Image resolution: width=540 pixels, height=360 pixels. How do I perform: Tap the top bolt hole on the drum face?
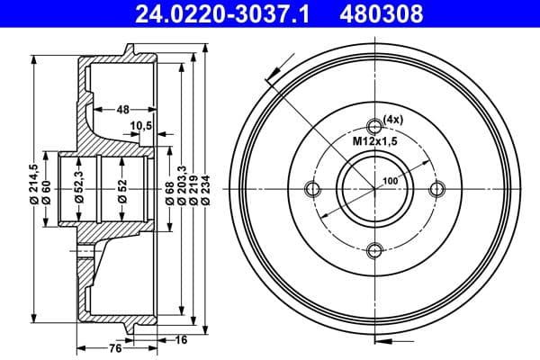click(375, 126)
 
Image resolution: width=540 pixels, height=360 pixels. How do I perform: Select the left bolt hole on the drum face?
click(312, 189)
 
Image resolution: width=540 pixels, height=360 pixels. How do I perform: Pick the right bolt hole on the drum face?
click(438, 189)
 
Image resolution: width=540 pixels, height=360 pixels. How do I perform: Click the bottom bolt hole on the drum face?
click(375, 252)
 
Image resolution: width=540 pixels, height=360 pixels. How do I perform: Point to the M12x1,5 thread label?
click(373, 141)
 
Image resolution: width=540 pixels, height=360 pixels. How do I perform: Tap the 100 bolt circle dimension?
click(390, 181)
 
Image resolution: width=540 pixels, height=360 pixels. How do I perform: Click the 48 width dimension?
click(122, 109)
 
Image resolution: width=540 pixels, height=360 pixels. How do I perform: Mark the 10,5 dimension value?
click(140, 125)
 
